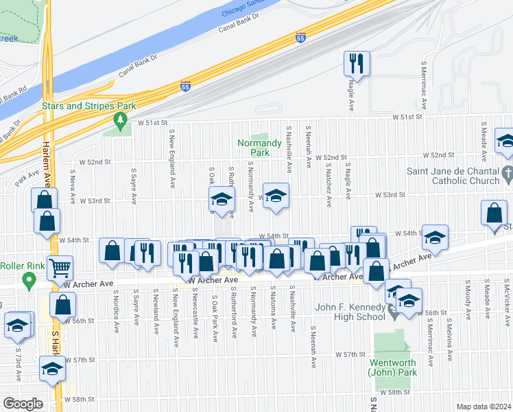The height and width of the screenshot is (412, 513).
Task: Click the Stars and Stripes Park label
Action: pos(88,106)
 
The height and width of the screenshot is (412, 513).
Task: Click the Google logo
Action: pos(22,404)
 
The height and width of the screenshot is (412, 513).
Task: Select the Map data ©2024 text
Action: pos(484,407)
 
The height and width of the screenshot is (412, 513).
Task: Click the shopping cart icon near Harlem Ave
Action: pos(60,268)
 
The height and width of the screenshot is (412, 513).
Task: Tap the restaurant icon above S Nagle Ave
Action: pos(356,63)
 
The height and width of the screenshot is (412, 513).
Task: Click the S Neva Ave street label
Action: pos(73,188)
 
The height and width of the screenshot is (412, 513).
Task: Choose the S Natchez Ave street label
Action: pos(329,181)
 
